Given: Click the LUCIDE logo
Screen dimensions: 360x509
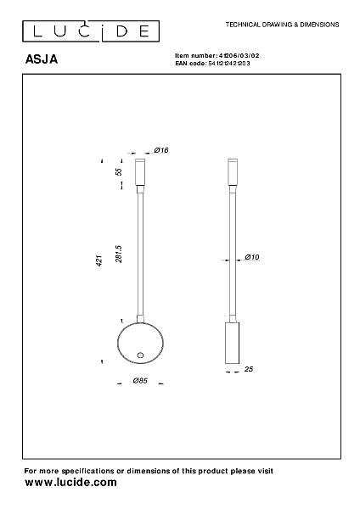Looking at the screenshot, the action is pyautogui.click(x=91, y=31).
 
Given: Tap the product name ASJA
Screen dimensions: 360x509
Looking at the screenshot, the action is pyautogui.click(x=42, y=59).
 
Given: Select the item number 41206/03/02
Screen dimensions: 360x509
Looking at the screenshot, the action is pyautogui.click(x=239, y=55).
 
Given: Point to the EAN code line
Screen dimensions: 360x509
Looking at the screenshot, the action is pyautogui.click(x=212, y=64).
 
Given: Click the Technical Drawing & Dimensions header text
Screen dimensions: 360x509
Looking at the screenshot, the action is pyautogui.click(x=282, y=25).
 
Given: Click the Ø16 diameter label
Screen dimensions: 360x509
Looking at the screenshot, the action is pyautogui.click(x=161, y=150).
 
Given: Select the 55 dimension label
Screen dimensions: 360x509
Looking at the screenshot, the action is pyautogui.click(x=119, y=171).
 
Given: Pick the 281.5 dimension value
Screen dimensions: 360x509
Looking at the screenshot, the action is pyautogui.click(x=119, y=254).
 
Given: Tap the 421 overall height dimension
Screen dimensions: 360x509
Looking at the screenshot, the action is pyautogui.click(x=99, y=260).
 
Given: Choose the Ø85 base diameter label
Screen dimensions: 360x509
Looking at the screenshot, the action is pyautogui.click(x=140, y=380).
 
